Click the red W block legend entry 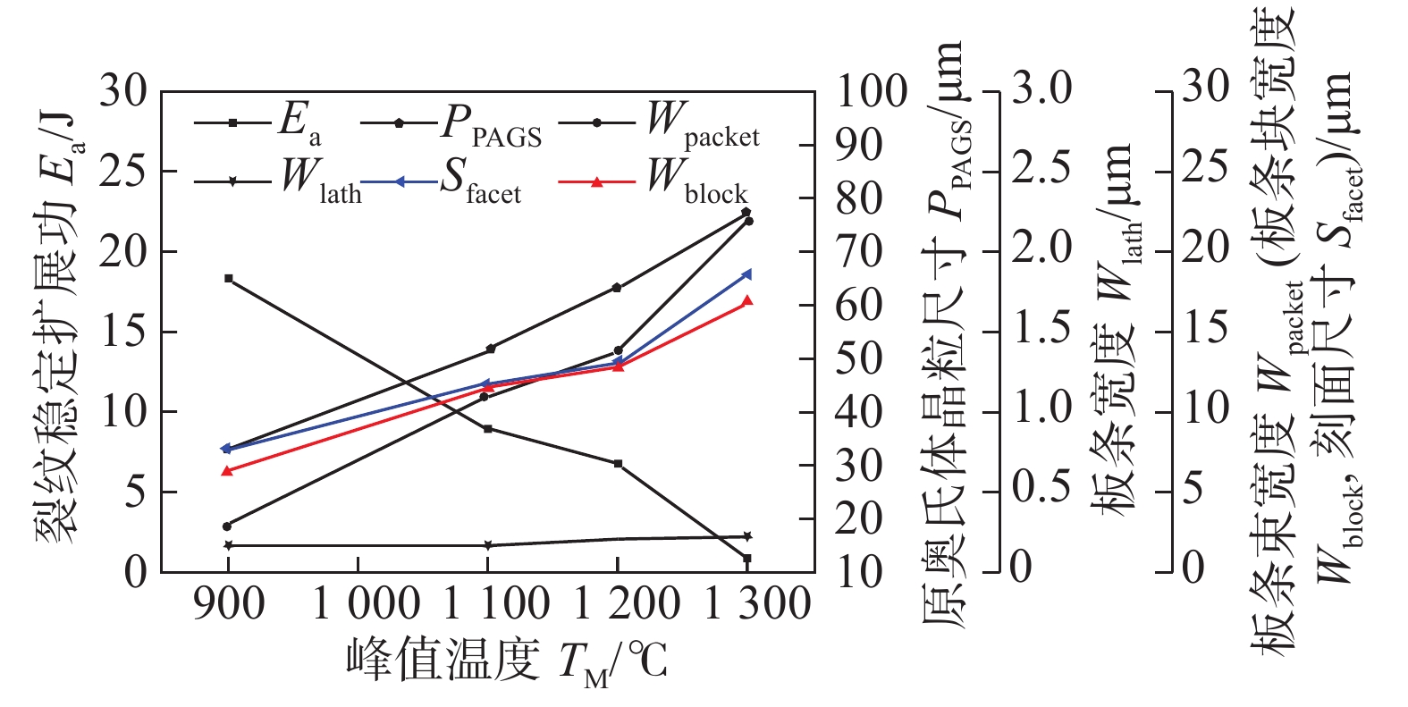click(653, 181)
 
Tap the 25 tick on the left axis click(122, 172)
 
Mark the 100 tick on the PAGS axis click(872, 91)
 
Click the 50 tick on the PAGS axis click(859, 358)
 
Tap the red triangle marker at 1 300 click(746, 301)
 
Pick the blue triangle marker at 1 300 click(746, 274)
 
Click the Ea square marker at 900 click(229, 279)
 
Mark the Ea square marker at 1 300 click(746, 559)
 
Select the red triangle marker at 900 click(227, 471)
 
